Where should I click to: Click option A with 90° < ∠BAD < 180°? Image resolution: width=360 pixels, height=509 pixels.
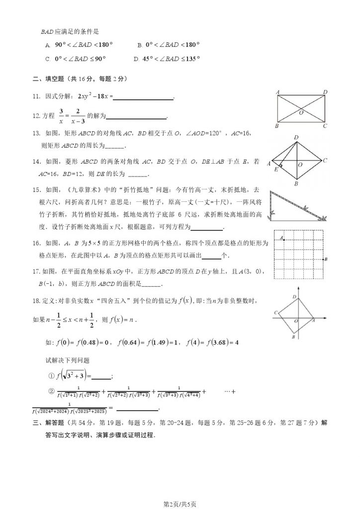pos(80,45)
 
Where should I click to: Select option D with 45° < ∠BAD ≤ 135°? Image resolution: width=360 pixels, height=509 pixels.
pos(167,58)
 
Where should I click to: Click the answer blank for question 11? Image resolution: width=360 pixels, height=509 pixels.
pos(144,97)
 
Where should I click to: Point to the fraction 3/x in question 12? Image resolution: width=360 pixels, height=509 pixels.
pos(61,115)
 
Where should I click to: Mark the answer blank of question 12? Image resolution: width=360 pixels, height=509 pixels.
pos(137,117)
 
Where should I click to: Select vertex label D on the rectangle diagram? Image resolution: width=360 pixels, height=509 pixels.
pos(325,91)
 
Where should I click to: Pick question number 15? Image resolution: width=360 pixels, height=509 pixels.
pos(36,189)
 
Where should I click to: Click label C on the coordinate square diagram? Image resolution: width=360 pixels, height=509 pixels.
pos(275,312)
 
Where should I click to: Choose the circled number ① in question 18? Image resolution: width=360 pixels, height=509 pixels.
pos(51,376)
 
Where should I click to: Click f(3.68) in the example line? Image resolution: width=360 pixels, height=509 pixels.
pos(215,342)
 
